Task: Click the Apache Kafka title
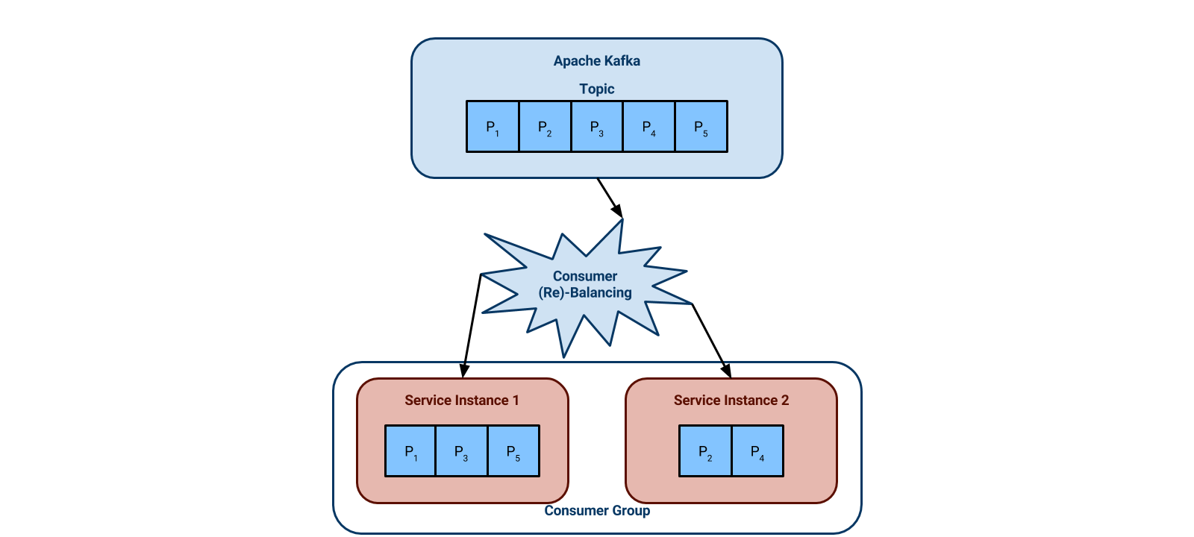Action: tap(596, 61)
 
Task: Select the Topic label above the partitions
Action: tap(596, 89)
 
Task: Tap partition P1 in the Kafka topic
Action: tap(493, 127)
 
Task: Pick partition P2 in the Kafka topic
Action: tap(545, 127)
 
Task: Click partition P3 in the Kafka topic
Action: tap(597, 127)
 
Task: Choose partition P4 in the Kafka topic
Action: tap(649, 127)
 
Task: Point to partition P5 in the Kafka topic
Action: tap(701, 127)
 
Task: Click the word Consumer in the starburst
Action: tap(584, 276)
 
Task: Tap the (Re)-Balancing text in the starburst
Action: tap(585, 293)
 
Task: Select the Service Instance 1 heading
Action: tap(461, 401)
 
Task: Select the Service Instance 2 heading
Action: tap(731, 401)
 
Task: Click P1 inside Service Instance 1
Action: tap(410, 451)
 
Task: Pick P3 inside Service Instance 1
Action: tap(461, 451)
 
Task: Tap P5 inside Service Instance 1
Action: tap(513, 451)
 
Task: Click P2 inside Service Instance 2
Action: tap(705, 451)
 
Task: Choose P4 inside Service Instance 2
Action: tap(757, 451)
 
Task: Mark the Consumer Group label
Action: tap(596, 511)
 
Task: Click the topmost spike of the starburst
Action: tap(621, 222)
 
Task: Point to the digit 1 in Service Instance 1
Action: tap(516, 401)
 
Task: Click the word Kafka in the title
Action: tap(622, 61)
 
